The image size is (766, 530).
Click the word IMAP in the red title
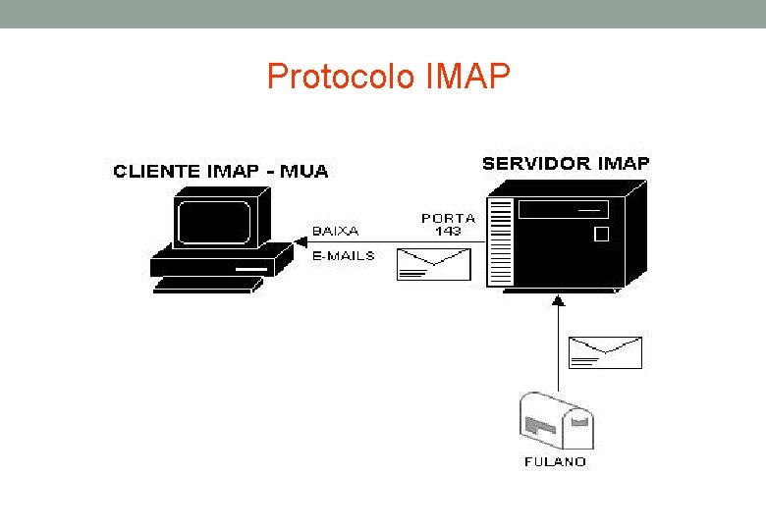click(x=468, y=77)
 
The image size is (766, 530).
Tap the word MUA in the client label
click(x=303, y=172)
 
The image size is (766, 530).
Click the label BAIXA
click(x=336, y=231)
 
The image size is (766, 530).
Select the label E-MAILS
click(x=344, y=256)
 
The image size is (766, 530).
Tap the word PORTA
click(x=449, y=218)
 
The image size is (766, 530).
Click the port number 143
click(x=449, y=231)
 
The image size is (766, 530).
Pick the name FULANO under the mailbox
click(x=555, y=461)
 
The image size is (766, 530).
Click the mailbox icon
click(x=557, y=420)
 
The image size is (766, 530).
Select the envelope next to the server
click(x=434, y=265)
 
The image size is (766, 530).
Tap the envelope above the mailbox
click(x=605, y=352)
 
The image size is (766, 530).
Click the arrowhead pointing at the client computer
click(x=300, y=242)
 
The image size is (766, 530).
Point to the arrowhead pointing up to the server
click(x=559, y=300)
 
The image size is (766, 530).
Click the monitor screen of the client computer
click(x=214, y=222)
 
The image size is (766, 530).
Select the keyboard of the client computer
click(x=208, y=285)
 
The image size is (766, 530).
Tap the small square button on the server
click(x=601, y=235)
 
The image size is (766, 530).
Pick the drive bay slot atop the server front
click(x=564, y=210)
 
